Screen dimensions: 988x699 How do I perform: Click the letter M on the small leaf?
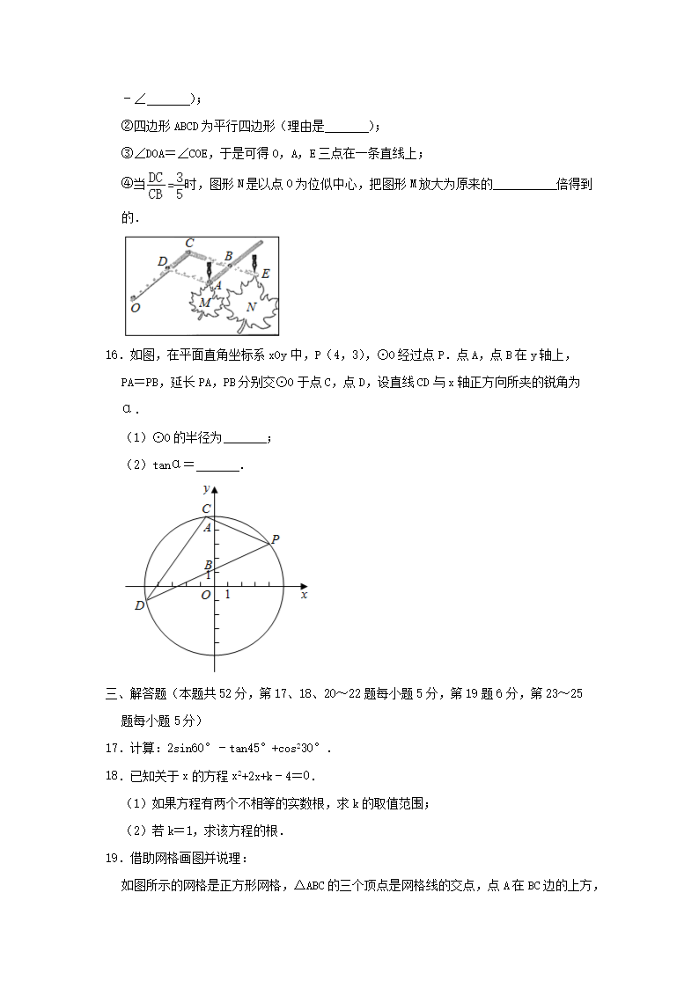204,303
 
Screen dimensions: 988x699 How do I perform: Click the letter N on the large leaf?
252,307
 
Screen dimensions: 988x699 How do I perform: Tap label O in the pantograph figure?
135,308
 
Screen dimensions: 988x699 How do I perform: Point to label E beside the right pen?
265,274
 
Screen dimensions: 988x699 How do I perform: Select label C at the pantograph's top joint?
188,243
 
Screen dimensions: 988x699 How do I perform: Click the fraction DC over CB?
155,186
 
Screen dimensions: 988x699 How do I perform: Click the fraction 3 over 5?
180,186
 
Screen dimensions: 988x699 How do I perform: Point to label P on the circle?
275,539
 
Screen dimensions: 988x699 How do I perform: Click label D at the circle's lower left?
139,605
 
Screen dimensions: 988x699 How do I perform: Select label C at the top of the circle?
206,509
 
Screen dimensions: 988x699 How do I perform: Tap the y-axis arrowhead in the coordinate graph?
215,487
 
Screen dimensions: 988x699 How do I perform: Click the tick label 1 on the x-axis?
227,596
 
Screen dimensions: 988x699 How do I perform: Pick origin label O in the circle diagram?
205,596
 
